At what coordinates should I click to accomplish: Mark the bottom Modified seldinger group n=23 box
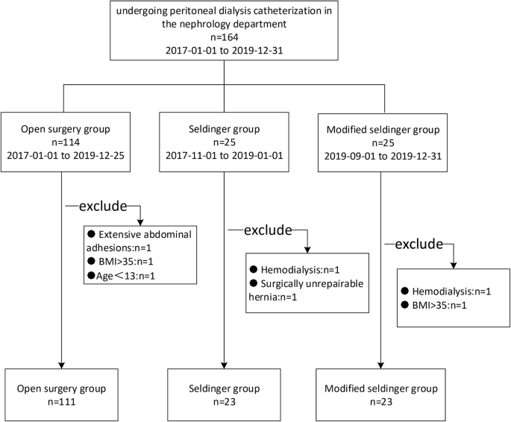point(383,394)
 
